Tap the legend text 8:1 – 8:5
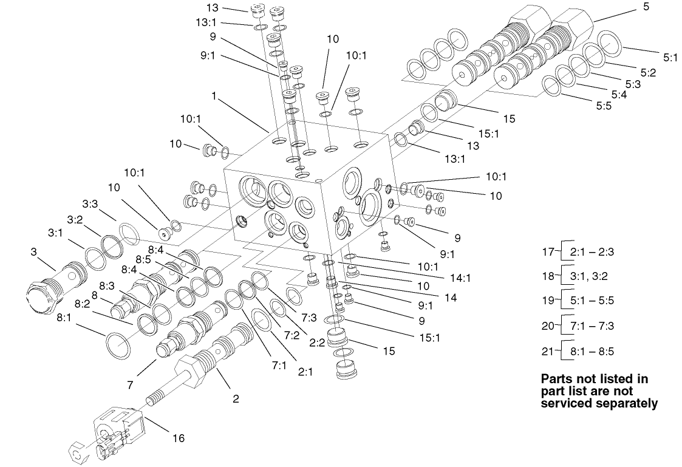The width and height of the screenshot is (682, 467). (x=592, y=351)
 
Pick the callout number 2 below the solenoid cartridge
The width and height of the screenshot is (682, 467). (x=236, y=399)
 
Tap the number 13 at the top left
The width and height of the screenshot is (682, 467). (x=211, y=7)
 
